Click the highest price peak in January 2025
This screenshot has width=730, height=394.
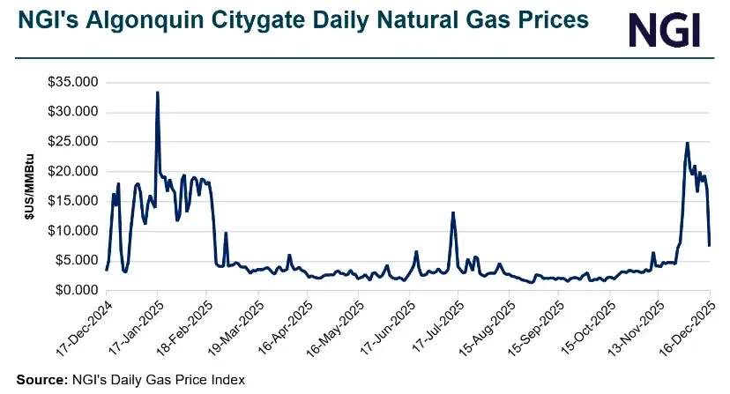click(x=157, y=92)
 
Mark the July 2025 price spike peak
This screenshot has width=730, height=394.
click(x=453, y=212)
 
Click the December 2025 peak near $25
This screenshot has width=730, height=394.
click(x=687, y=143)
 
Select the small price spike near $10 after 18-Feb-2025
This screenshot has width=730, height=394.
click(x=226, y=233)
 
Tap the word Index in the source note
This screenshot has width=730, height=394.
click(x=227, y=380)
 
